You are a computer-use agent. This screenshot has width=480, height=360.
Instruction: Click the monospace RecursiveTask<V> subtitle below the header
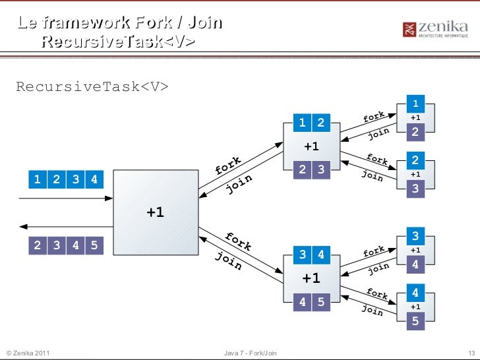tap(92, 87)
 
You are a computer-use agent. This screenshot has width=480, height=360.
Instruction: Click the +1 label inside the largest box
tap(156, 212)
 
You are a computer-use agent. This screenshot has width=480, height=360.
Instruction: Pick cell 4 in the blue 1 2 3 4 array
tap(94, 179)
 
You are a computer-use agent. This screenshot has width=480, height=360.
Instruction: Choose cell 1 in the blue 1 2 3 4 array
tap(37, 179)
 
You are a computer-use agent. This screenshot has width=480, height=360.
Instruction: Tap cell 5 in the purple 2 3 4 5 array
tap(94, 245)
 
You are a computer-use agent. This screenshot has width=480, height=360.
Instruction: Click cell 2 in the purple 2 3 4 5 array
tap(37, 245)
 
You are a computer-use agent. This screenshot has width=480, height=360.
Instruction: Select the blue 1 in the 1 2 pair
tap(302, 122)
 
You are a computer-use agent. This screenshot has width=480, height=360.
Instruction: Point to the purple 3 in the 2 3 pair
tap(320, 170)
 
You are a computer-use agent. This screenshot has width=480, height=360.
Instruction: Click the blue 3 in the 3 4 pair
tap(302, 254)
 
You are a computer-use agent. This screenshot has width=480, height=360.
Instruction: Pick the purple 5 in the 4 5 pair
tap(320, 302)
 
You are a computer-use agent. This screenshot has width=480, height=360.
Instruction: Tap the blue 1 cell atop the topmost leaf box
tap(415, 104)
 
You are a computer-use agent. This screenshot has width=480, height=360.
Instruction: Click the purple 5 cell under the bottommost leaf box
tap(415, 322)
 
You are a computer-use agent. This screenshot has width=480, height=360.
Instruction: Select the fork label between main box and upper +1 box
tap(228, 165)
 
